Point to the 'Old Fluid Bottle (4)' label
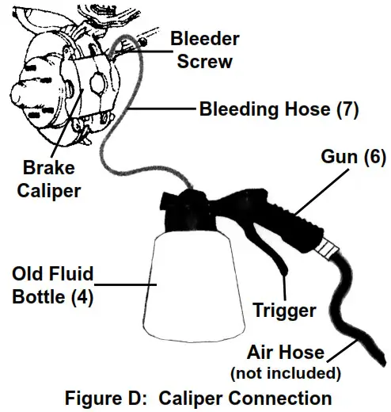tap(52, 287)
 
